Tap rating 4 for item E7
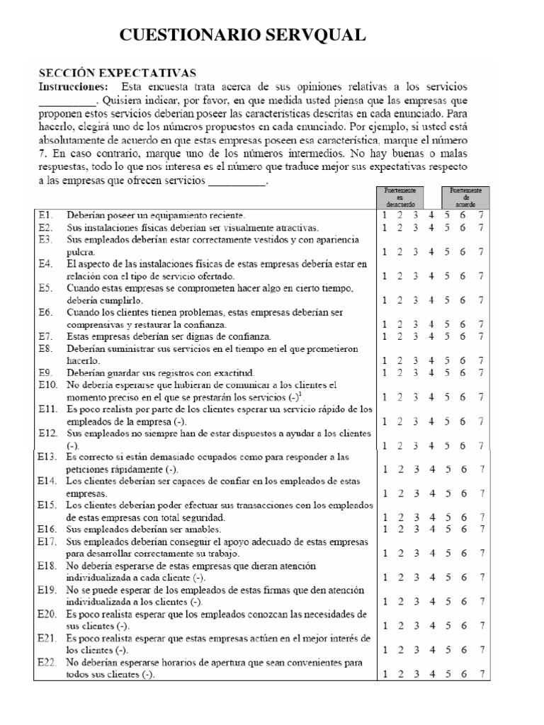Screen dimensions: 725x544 431,336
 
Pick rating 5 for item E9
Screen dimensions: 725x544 447,372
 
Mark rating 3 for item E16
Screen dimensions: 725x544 415,528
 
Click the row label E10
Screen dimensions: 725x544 47,384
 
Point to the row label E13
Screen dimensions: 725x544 47,457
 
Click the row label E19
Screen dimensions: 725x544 47,589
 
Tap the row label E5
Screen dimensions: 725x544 45,288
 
